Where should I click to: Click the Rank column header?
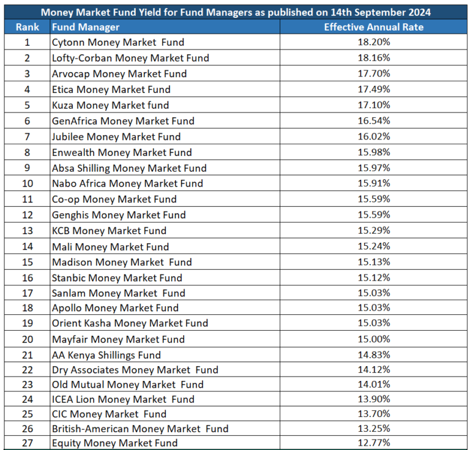click(x=27, y=27)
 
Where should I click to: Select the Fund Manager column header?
click(x=86, y=27)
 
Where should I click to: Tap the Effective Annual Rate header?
click(x=373, y=27)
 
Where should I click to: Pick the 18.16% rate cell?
click(x=373, y=58)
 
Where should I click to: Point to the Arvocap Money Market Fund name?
click(x=119, y=73)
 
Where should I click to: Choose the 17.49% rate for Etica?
click(x=373, y=89)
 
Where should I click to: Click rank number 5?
click(x=27, y=105)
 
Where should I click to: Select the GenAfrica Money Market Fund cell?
click(x=123, y=121)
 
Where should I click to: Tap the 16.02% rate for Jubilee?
click(x=373, y=136)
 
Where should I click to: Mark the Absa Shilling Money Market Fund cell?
click(x=129, y=168)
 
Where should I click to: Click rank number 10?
click(x=27, y=183)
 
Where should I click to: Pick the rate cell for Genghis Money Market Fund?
click(x=373, y=215)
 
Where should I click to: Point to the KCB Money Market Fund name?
click(x=109, y=231)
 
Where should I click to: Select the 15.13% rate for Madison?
click(x=373, y=262)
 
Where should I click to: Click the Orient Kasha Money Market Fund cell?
click(x=130, y=323)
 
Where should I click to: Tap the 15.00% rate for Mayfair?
click(x=373, y=339)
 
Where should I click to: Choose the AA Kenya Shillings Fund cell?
click(x=106, y=355)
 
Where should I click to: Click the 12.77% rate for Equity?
click(x=373, y=443)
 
